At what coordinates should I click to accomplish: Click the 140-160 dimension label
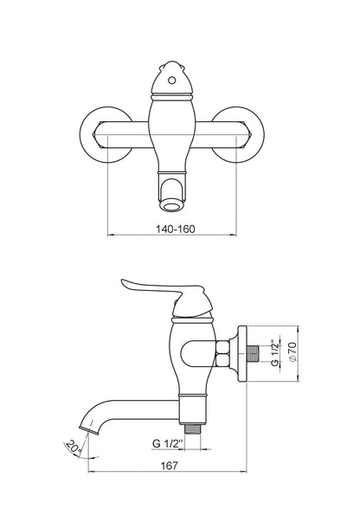pos(176,229)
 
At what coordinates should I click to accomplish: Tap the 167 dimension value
pos(170,466)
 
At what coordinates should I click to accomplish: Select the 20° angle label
pos(74,447)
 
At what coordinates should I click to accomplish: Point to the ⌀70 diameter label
pos(292,351)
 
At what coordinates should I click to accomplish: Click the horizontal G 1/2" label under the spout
pos(168,443)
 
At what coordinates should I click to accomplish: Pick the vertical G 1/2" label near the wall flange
pos(275,353)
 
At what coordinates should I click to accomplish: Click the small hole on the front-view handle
pos(172,80)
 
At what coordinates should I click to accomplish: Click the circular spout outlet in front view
pos(172,206)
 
